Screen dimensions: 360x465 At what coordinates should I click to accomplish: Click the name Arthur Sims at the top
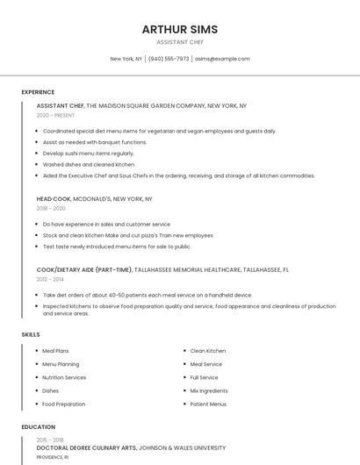[180, 30]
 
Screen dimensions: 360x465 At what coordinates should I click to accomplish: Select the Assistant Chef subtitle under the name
[180, 42]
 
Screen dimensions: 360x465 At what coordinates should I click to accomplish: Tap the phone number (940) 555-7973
[169, 59]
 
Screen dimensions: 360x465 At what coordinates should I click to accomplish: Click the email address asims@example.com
[222, 59]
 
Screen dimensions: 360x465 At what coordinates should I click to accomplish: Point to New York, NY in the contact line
[126, 59]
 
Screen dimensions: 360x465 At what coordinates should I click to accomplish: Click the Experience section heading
[38, 92]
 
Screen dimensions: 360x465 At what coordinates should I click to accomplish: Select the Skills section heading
[31, 334]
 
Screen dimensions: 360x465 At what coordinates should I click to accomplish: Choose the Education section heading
[39, 427]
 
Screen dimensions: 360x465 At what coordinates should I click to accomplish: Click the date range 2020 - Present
[55, 115]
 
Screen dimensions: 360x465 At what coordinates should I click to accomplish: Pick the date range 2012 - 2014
[50, 279]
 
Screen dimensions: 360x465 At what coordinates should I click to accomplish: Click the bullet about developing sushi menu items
[88, 154]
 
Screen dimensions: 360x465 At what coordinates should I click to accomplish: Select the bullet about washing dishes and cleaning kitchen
[89, 164]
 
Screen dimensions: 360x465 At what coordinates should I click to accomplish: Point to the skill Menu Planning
[61, 364]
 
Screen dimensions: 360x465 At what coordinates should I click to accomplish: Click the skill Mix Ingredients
[209, 390]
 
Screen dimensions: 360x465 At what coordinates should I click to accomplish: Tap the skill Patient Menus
[208, 404]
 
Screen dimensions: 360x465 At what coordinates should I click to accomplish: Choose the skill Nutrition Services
[64, 377]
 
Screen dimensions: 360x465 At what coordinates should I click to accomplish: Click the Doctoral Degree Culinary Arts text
[86, 447]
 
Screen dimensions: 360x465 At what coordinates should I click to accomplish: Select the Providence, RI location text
[52, 457]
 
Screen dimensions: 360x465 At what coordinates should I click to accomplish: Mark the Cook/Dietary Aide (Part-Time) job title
[84, 270]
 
